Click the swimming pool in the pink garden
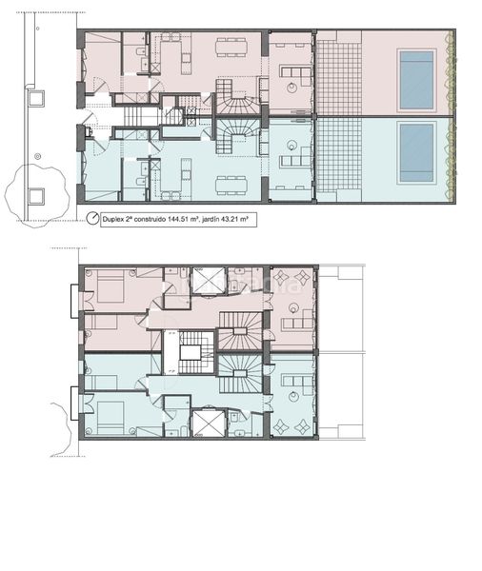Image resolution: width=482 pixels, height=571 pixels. coord(416,80)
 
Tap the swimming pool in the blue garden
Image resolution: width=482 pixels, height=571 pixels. coord(416,153)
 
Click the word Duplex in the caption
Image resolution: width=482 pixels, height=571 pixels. coord(112,220)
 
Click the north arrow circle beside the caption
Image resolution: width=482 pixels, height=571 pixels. coord(92,218)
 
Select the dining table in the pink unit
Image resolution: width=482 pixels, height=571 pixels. coord(231,48)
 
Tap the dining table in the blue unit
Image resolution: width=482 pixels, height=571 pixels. coord(231,185)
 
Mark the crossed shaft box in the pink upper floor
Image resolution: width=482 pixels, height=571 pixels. coord(209,280)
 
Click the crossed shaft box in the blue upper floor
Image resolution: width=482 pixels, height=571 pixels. coord(209,423)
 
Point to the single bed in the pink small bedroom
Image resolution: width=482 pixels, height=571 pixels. coord(103,322)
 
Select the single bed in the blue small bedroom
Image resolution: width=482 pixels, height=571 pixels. coord(103,383)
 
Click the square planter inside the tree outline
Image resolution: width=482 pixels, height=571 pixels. coord(36,196)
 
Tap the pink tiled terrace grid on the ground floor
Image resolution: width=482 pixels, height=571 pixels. coord(339,78)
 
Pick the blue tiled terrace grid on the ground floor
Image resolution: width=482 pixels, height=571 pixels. coord(339,155)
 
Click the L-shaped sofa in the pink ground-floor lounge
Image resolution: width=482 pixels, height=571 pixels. coord(295,73)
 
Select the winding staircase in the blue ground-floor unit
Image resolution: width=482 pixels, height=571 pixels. coord(234,136)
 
